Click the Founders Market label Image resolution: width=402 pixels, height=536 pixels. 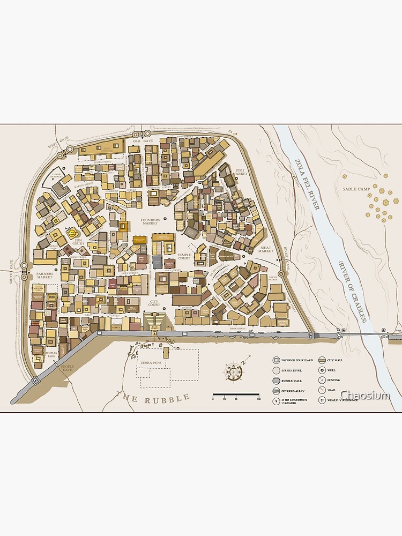pyautogui.click(x=150, y=222)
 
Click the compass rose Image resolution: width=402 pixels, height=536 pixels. pyautogui.click(x=234, y=370)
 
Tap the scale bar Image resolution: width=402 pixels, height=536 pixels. pyautogui.click(x=236, y=396)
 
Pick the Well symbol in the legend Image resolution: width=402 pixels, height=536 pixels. pyautogui.click(x=323, y=370)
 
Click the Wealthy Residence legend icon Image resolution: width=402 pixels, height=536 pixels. pyautogui.click(x=323, y=400)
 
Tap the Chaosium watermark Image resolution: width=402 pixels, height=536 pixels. pyautogui.click(x=365, y=395)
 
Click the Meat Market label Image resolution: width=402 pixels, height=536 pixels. pyautogui.click(x=265, y=249)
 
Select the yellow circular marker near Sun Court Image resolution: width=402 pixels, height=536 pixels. pyautogui.click(x=71, y=233)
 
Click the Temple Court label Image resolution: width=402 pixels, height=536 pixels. pyautogui.click(x=184, y=257)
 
